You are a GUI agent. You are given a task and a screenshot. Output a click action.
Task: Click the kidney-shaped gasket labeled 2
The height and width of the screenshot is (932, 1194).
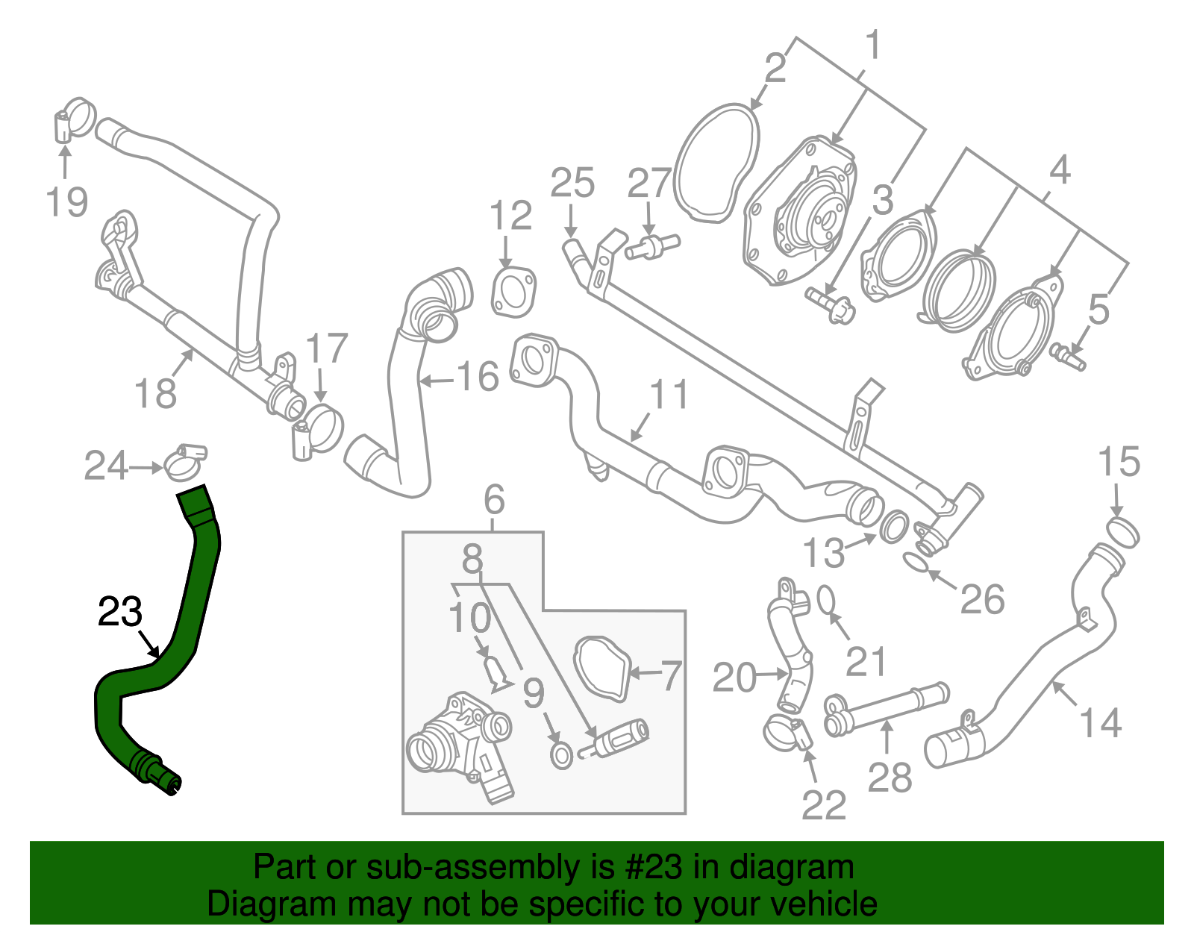[x=716, y=164]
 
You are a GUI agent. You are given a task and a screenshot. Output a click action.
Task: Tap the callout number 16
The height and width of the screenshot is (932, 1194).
[x=478, y=378]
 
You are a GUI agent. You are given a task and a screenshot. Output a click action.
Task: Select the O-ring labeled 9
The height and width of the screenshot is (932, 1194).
[x=561, y=755]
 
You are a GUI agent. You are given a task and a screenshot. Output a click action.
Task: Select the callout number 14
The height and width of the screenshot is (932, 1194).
[x=1101, y=722]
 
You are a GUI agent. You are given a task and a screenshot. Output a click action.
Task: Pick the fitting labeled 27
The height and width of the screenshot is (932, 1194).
[x=654, y=245]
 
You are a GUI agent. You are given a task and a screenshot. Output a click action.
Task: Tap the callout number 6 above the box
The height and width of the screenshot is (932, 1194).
[x=494, y=500]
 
